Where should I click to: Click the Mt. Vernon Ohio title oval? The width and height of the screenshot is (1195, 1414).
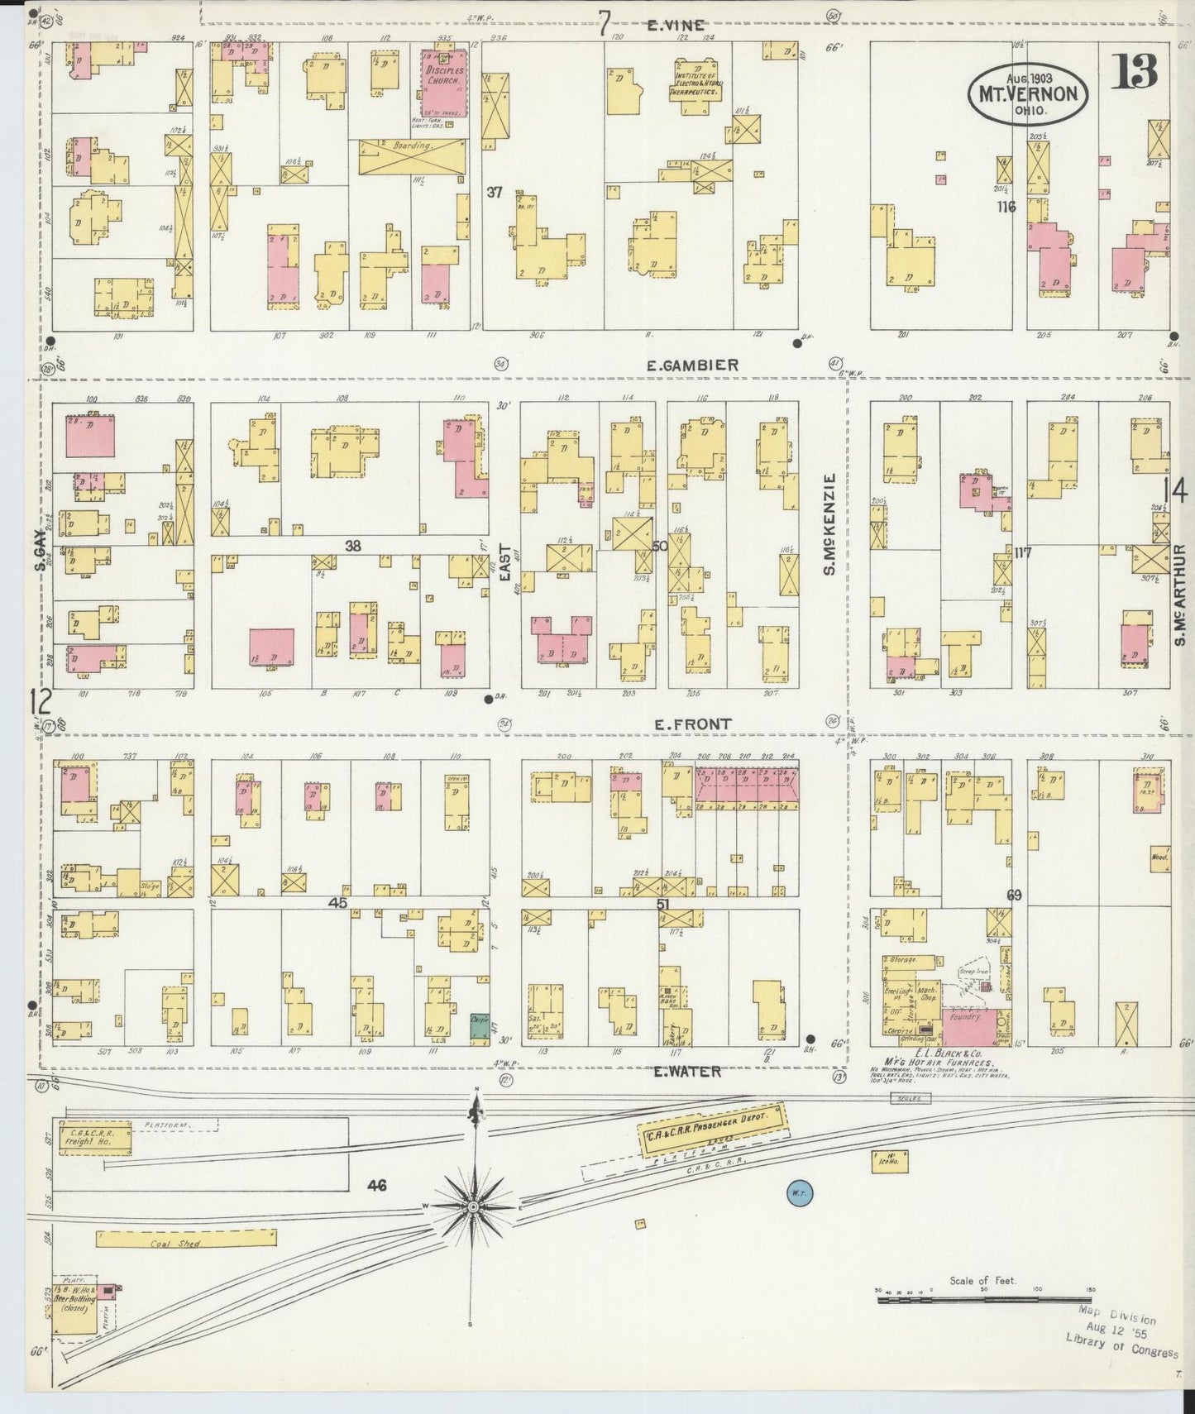tap(1028, 93)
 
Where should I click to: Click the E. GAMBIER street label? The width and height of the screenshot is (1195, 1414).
tap(693, 365)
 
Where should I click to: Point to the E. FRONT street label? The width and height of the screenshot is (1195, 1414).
tap(692, 724)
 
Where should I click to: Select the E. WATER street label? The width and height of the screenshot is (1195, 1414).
tap(687, 1072)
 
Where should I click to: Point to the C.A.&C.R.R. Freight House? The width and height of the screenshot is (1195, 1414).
tap(93, 1138)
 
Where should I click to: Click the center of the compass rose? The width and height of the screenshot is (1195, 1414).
tap(473, 1206)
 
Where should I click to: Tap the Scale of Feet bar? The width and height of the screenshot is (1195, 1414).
tap(984, 1300)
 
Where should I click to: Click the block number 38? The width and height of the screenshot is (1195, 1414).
tap(352, 546)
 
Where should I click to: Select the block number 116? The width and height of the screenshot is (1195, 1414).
tap(1006, 207)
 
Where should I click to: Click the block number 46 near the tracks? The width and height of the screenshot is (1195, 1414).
tap(377, 1186)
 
